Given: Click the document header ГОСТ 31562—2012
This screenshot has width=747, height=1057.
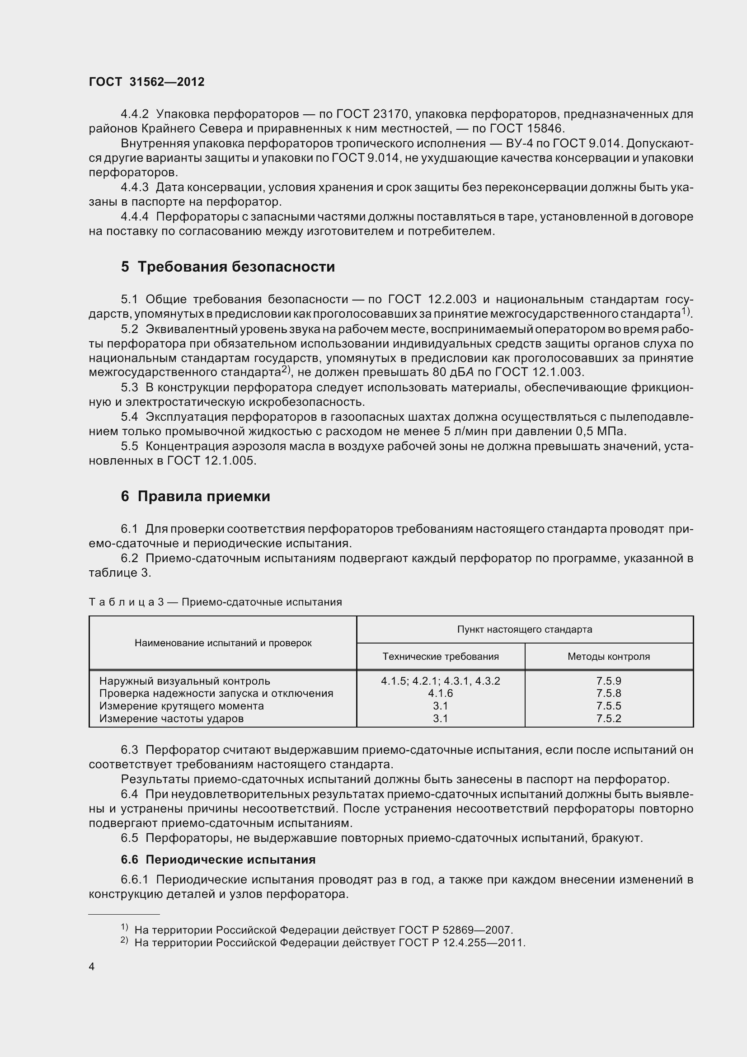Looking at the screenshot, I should tap(146, 82).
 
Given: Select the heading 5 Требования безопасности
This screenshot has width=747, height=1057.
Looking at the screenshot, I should tap(228, 267).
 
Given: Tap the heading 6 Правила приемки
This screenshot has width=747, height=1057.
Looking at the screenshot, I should tap(196, 496).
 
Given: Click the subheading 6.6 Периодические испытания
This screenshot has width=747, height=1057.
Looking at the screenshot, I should tap(218, 860).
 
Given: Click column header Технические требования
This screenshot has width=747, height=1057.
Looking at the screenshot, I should tap(441, 657).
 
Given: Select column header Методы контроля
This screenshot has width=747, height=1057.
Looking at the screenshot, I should tap(608, 657).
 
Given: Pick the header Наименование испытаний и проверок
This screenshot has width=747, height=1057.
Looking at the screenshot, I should tap(223, 643).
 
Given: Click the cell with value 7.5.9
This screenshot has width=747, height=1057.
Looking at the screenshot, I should tap(608, 681).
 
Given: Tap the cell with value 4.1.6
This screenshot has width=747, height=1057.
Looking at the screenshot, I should tap(441, 693).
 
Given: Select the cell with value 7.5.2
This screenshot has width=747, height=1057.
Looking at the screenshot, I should tap(608, 719).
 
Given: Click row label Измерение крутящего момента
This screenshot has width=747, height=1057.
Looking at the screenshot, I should tap(181, 706).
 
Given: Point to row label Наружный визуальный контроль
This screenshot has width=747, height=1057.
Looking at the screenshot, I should tap(184, 681).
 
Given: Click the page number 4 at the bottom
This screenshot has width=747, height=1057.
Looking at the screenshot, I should tap(92, 967).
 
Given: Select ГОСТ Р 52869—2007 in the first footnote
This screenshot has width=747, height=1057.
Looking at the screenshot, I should tap(455, 930).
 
